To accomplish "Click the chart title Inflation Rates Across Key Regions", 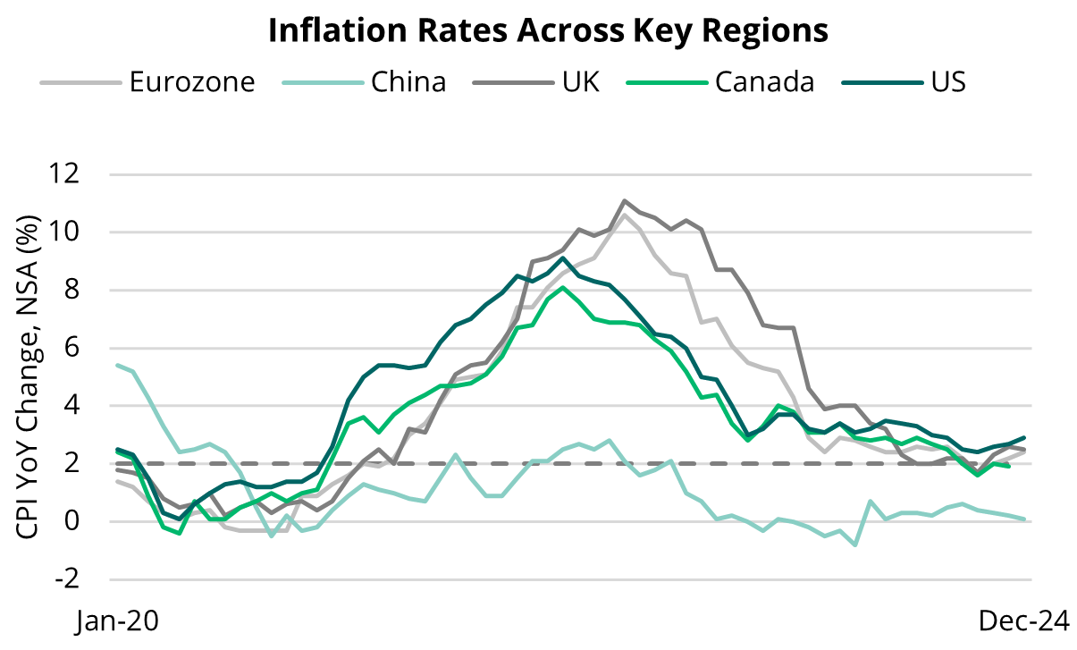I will pyautogui.click(x=548, y=30).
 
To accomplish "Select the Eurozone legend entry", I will pyautogui.click(x=192, y=82).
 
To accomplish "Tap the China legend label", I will pyautogui.click(x=408, y=82).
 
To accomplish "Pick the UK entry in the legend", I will pyautogui.click(x=581, y=82).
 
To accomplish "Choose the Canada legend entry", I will pyautogui.click(x=764, y=82).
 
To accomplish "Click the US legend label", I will pyautogui.click(x=947, y=82).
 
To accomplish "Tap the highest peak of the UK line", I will pyautogui.click(x=624, y=200).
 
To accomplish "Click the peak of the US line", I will pyautogui.click(x=562, y=258).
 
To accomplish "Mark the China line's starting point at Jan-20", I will pyautogui.click(x=117, y=365).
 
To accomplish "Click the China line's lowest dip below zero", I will pyautogui.click(x=855, y=544).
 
